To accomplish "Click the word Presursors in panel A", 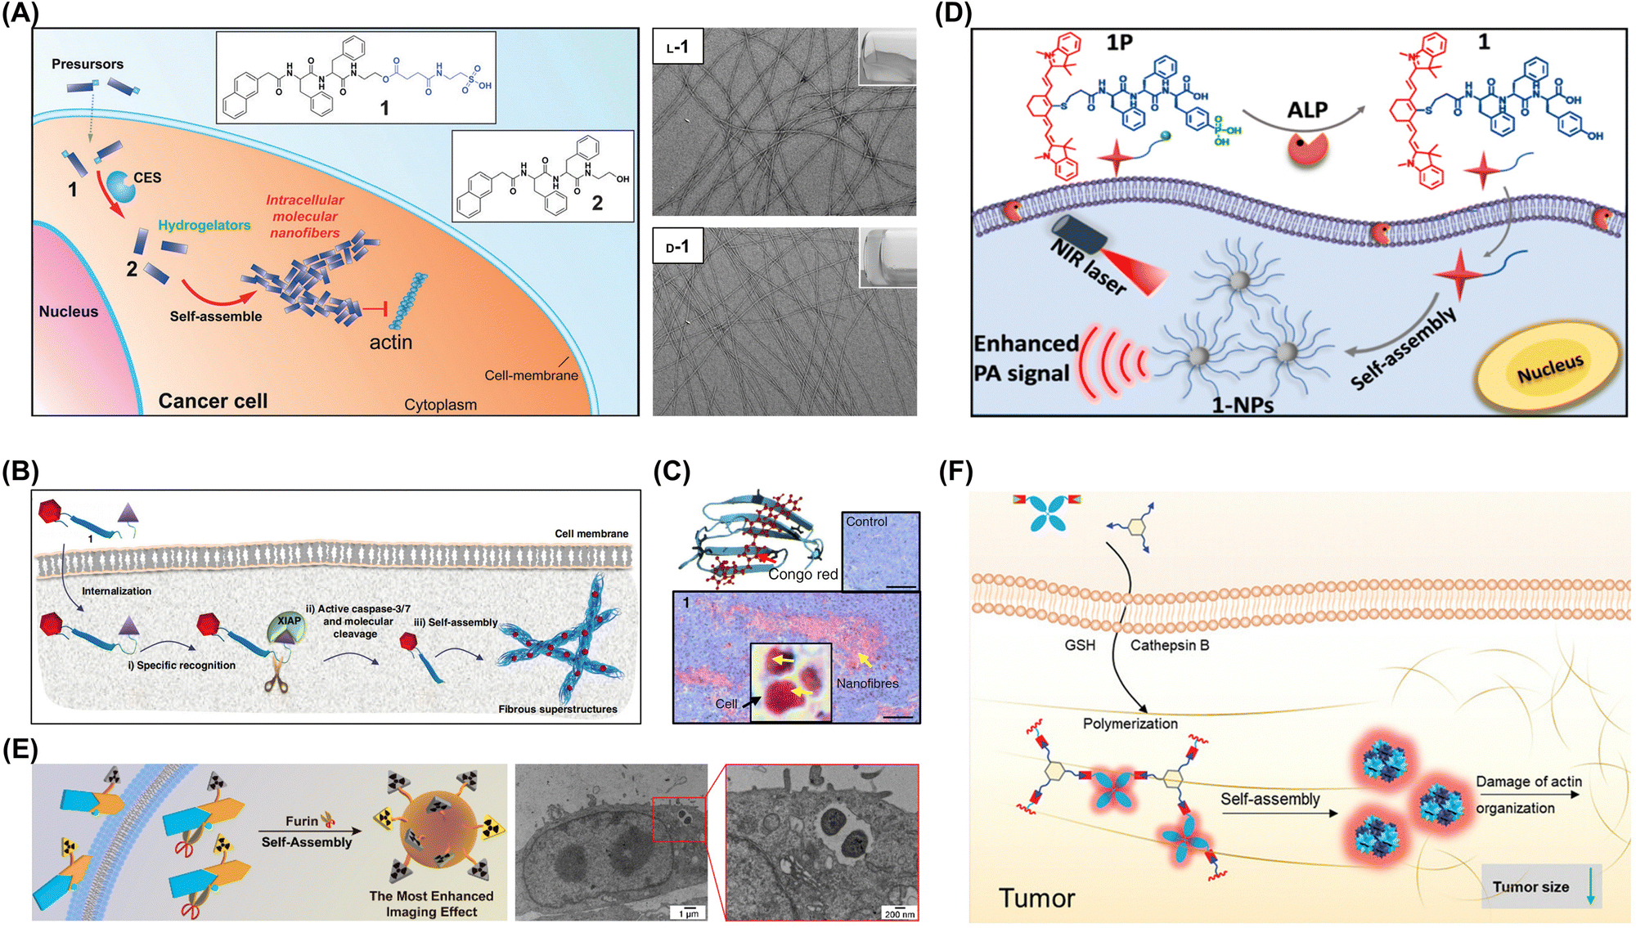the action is [88, 64].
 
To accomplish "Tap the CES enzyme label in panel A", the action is [147, 177].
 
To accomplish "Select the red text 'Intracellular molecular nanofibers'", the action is [304, 217].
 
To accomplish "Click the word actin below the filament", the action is [391, 342].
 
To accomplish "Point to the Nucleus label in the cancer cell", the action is [69, 312].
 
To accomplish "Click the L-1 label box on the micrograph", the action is [677, 47].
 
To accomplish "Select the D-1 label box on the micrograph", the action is [677, 246].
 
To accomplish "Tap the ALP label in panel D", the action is [1307, 110].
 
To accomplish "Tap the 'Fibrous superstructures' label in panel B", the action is [558, 709].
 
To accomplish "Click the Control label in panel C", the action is [866, 522].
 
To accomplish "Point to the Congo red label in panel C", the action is [803, 574].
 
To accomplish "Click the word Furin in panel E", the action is [302, 821].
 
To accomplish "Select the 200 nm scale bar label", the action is [899, 914].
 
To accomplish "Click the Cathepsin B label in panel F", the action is [1170, 645].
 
